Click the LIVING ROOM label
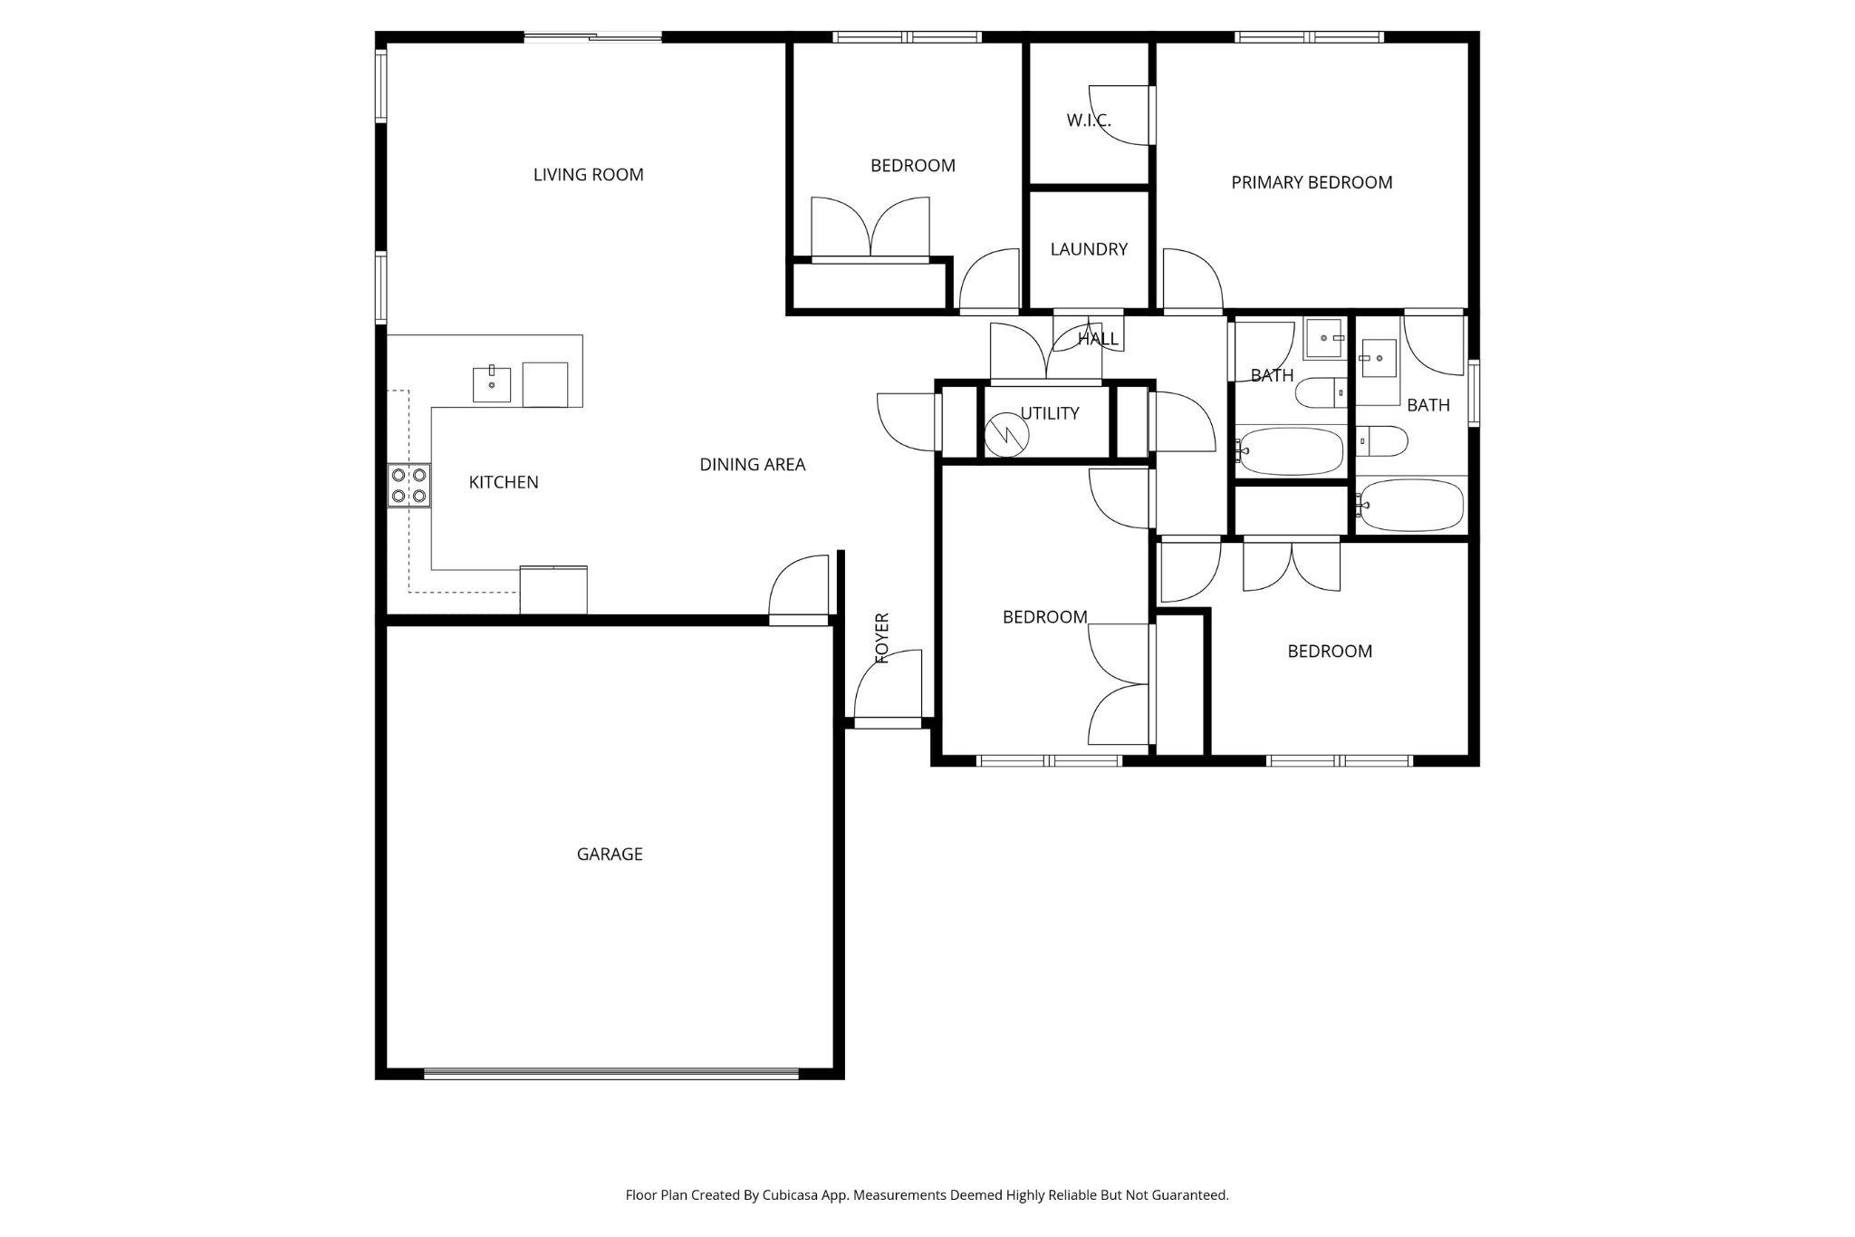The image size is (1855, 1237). (588, 175)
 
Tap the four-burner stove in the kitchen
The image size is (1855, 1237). (408, 485)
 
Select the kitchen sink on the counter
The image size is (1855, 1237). (492, 384)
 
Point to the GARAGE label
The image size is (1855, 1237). (610, 854)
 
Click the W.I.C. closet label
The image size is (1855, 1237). (1089, 121)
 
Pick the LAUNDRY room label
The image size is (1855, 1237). (1089, 249)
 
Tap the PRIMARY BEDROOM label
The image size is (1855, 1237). (1312, 182)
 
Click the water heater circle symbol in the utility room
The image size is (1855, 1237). (1007, 434)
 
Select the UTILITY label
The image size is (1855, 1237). (1050, 413)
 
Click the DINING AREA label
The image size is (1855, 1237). (753, 465)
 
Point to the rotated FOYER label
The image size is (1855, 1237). (882, 638)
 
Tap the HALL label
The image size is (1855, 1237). (1098, 340)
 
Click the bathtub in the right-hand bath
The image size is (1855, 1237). (1410, 506)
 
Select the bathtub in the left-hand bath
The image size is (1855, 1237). (1290, 452)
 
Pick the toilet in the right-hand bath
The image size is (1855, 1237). (1383, 441)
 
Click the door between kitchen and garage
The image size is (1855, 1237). (799, 590)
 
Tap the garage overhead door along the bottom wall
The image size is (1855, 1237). (611, 1074)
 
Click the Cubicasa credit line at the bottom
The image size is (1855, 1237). (927, 1195)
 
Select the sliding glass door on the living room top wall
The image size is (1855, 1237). (593, 37)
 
